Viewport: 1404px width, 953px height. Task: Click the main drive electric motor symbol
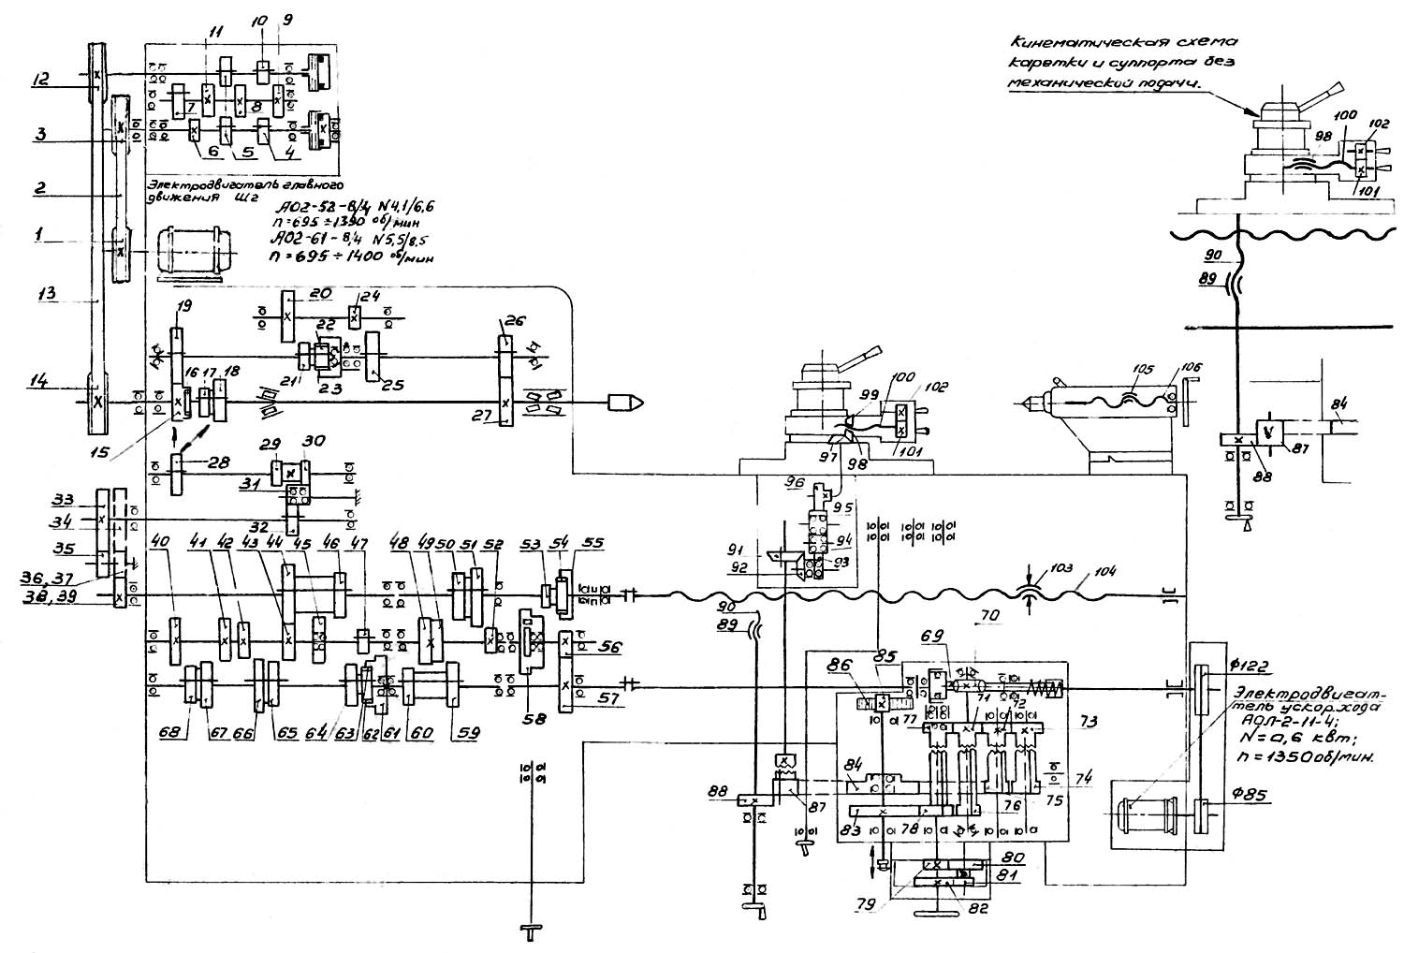(x=191, y=251)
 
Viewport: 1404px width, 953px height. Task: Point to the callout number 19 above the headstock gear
(x=181, y=305)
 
